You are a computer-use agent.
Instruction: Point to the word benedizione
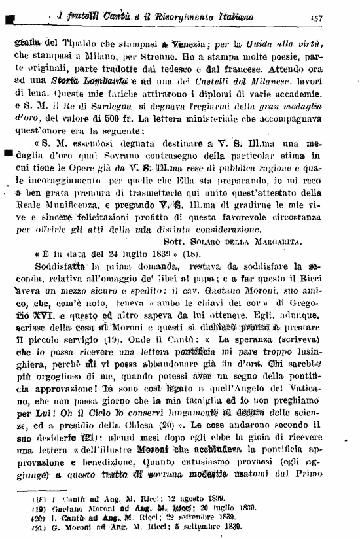(109, 462)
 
